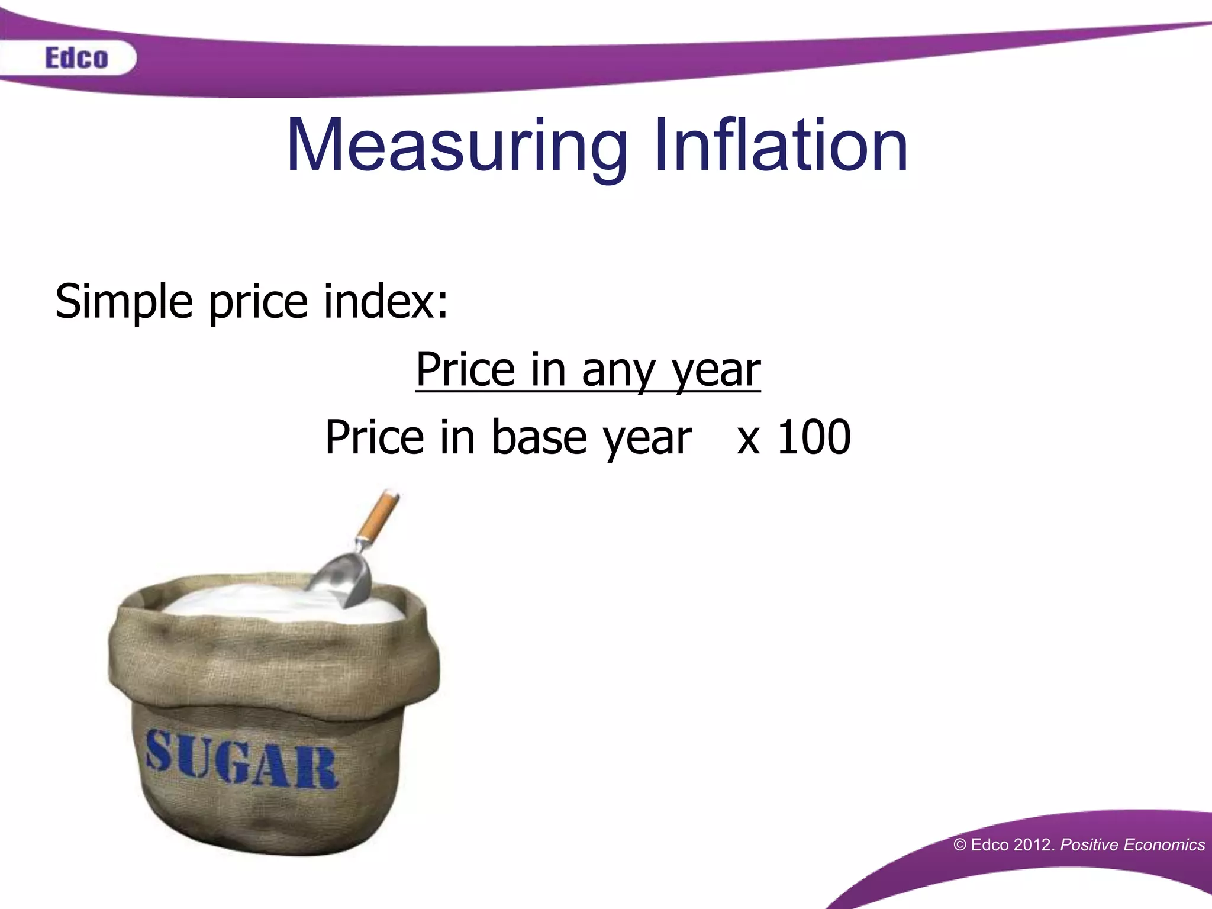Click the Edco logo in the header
coord(76,58)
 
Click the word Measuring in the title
coord(456,146)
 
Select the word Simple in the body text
coord(124,302)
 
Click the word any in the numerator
coord(618,370)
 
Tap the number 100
coord(814,437)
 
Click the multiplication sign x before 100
coord(748,441)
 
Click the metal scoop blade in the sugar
coord(343,580)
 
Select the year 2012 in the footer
coord(1033,844)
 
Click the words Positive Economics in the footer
coord(1132,844)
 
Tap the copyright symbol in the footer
coord(960,845)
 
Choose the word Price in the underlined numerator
coord(465,369)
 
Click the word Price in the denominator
coord(375,437)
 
